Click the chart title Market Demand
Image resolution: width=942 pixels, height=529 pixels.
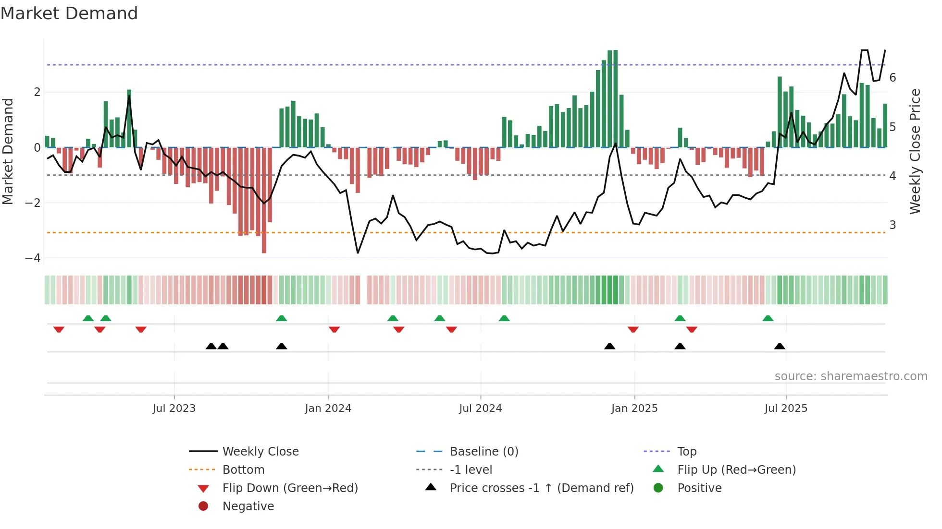pyautogui.click(x=69, y=13)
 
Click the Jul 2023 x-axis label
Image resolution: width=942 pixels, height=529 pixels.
pyautogui.click(x=174, y=409)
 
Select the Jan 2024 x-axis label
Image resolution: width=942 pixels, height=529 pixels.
pyautogui.click(x=328, y=409)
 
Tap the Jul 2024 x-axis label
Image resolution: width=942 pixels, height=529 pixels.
pyautogui.click(x=480, y=409)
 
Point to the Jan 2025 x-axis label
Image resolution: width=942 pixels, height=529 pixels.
pyautogui.click(x=634, y=409)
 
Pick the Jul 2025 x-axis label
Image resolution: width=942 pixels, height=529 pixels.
pyautogui.click(x=786, y=409)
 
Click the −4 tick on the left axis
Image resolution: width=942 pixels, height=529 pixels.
pyautogui.click(x=33, y=258)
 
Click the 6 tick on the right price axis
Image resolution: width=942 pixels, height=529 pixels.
pyautogui.click(x=892, y=78)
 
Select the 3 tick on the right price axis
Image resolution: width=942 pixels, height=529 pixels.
pyautogui.click(x=892, y=225)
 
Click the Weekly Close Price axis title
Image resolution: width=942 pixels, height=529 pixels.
pyautogui.click(x=915, y=151)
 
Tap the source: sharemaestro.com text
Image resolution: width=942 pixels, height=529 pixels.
pyautogui.click(x=851, y=376)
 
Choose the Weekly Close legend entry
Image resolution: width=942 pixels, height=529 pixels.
pyautogui.click(x=260, y=452)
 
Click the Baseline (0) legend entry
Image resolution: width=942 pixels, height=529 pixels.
pyautogui.click(x=483, y=452)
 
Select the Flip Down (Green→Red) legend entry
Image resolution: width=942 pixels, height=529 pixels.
pyautogui.click(x=290, y=488)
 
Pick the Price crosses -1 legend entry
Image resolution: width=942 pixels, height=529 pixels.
pyautogui.click(x=541, y=488)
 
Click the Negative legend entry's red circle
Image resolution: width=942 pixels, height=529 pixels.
pyautogui.click(x=203, y=506)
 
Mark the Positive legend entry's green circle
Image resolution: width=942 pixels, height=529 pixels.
pyautogui.click(x=658, y=488)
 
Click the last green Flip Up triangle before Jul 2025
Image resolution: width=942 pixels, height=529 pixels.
pyautogui.click(x=768, y=319)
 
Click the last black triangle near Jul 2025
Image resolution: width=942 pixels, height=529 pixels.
pyautogui.click(x=780, y=347)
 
